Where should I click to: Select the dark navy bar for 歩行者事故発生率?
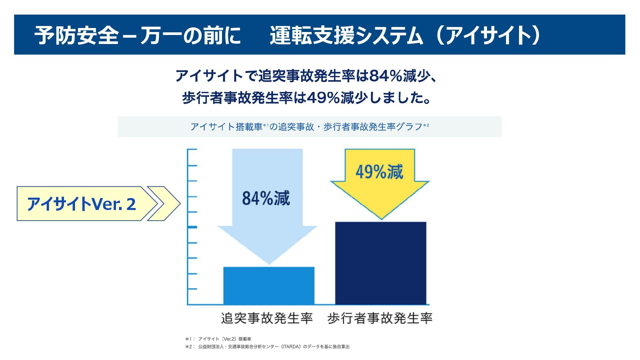381,263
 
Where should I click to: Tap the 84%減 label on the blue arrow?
266,198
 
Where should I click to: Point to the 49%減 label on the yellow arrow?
379,172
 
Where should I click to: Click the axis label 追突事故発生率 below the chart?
267,318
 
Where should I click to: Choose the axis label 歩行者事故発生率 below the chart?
380,318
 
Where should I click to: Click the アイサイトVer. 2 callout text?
81,204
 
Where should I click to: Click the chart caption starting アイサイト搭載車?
309,127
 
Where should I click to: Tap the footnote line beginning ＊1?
218,339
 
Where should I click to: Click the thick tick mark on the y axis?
192,227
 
